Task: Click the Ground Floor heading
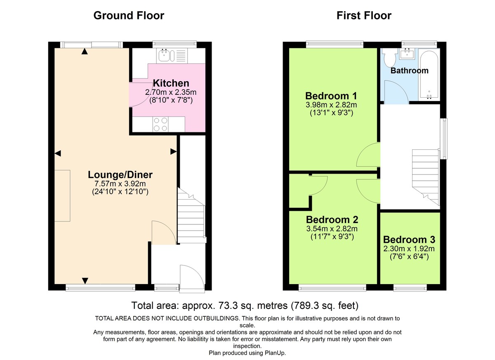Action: [129, 16]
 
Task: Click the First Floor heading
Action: [364, 16]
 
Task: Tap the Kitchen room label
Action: [171, 83]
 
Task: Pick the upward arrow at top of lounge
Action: [85, 51]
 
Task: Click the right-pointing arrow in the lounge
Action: [174, 152]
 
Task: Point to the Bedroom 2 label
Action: [332, 219]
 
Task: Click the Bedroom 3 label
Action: [409, 240]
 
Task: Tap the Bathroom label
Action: [409, 71]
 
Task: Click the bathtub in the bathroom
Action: [429, 74]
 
